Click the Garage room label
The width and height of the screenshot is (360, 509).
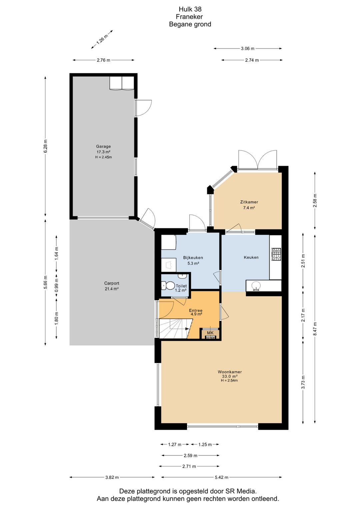103,146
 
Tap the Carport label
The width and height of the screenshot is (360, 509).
112,283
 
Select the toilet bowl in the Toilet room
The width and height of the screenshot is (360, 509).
168,286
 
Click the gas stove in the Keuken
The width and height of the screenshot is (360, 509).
276,254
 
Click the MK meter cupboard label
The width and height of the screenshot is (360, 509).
210,333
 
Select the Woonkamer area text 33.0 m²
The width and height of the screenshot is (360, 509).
230,376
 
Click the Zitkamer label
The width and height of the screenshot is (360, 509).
249,202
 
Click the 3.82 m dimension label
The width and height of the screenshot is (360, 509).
112,477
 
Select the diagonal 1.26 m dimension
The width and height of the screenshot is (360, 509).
102,39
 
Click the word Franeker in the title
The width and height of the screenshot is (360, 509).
189,17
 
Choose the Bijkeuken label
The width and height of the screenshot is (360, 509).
193,258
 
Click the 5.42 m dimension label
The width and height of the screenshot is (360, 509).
221,477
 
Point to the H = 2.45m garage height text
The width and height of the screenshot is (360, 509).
103,157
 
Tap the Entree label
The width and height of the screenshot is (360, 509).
196,311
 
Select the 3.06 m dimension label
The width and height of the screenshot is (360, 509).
248,48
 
